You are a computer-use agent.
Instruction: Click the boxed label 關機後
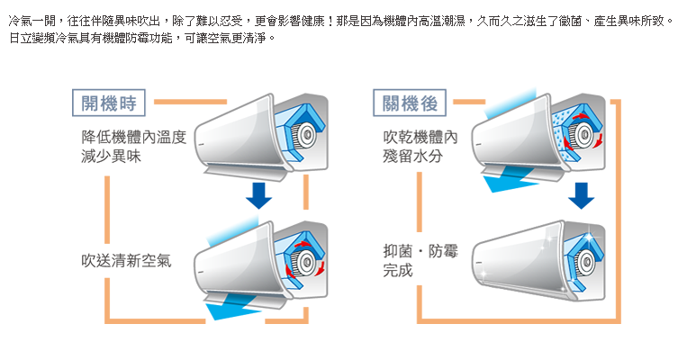click(x=410, y=103)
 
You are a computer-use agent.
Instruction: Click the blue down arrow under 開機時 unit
click(x=261, y=195)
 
